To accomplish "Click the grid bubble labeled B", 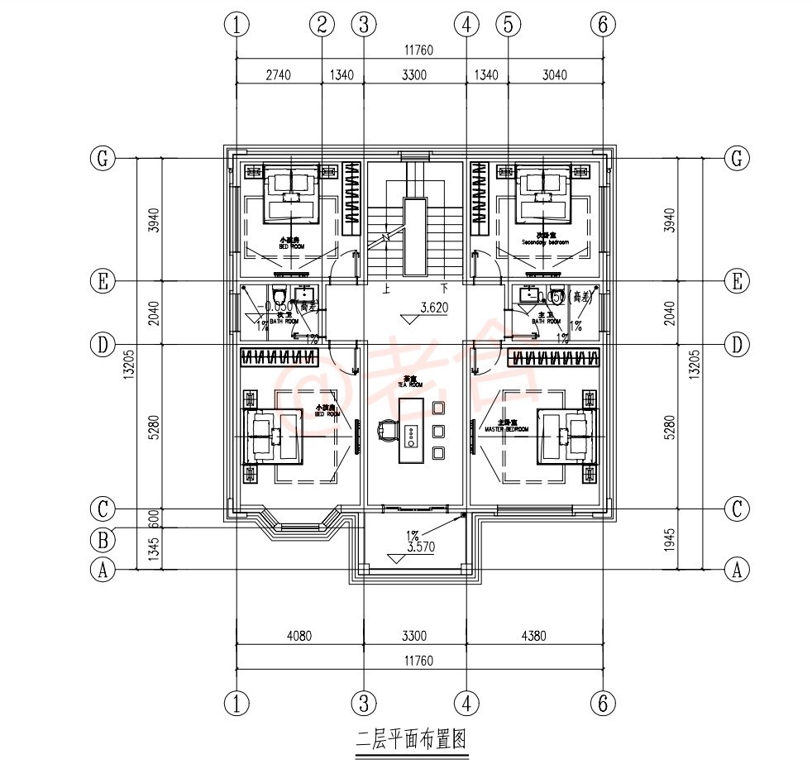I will pyautogui.click(x=102, y=541).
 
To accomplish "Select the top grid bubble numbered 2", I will pyautogui.click(x=322, y=25).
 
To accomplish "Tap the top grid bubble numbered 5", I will pyautogui.click(x=508, y=25).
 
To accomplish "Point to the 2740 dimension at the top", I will pyautogui.click(x=278, y=74).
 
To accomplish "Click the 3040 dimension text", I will pyautogui.click(x=554, y=74).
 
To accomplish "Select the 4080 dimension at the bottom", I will pyautogui.click(x=300, y=636).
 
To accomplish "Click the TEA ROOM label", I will pyautogui.click(x=410, y=384).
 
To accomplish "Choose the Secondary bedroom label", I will pyautogui.click(x=546, y=243).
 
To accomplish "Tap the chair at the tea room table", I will pyautogui.click(x=388, y=432).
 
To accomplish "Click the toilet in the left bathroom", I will pyautogui.click(x=279, y=295).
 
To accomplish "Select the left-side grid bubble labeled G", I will pyautogui.click(x=102, y=159).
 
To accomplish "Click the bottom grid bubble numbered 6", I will pyautogui.click(x=603, y=704).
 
